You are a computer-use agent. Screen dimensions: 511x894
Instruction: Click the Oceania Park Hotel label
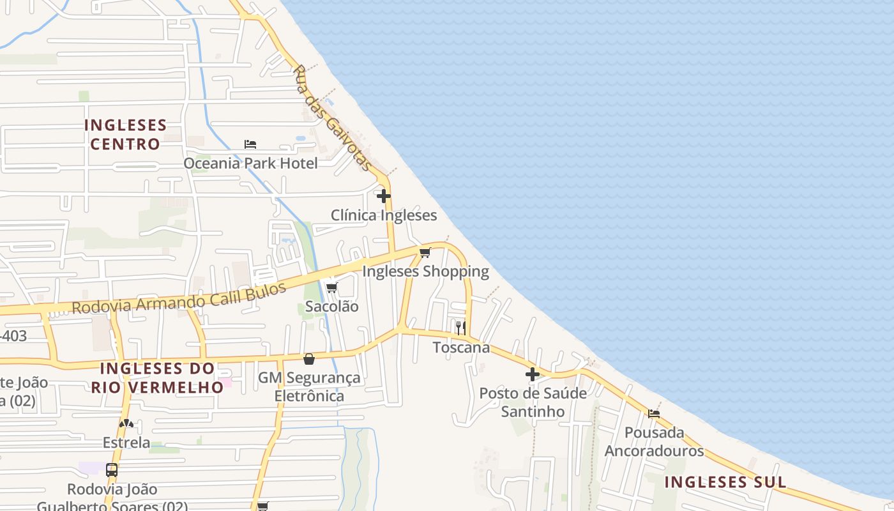pos(250,164)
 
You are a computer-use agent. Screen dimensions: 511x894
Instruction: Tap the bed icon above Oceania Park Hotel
pos(250,144)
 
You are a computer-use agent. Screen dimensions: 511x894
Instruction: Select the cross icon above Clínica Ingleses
pos(384,196)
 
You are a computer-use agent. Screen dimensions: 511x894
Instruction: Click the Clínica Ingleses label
pos(384,215)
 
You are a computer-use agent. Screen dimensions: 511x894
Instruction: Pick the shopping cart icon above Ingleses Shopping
pos(425,253)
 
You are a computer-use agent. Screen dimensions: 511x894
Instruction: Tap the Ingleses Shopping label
pos(425,271)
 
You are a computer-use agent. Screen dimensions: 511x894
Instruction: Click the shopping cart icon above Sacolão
pos(331,288)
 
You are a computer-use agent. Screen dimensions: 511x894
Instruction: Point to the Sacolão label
pos(331,307)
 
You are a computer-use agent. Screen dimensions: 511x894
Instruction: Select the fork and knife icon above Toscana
pos(460,328)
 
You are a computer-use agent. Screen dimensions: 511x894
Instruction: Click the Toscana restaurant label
pos(461,347)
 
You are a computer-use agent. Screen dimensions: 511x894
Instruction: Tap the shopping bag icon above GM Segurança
pos(309,359)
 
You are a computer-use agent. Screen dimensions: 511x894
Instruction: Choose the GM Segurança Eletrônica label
pos(309,386)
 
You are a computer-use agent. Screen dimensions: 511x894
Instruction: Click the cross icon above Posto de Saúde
pos(533,374)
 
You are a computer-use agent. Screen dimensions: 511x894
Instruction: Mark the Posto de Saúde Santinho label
pos(533,402)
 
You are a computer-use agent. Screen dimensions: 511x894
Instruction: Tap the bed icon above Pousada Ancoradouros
pos(654,414)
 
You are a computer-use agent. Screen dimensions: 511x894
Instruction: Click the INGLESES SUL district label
pos(725,482)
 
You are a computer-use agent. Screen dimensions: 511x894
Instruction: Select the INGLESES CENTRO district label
pos(125,134)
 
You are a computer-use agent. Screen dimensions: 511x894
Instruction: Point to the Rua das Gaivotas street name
pos(333,118)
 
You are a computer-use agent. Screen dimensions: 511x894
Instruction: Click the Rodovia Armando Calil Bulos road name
pos(179,298)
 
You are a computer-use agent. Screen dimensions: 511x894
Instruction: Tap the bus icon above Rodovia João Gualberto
pos(112,470)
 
